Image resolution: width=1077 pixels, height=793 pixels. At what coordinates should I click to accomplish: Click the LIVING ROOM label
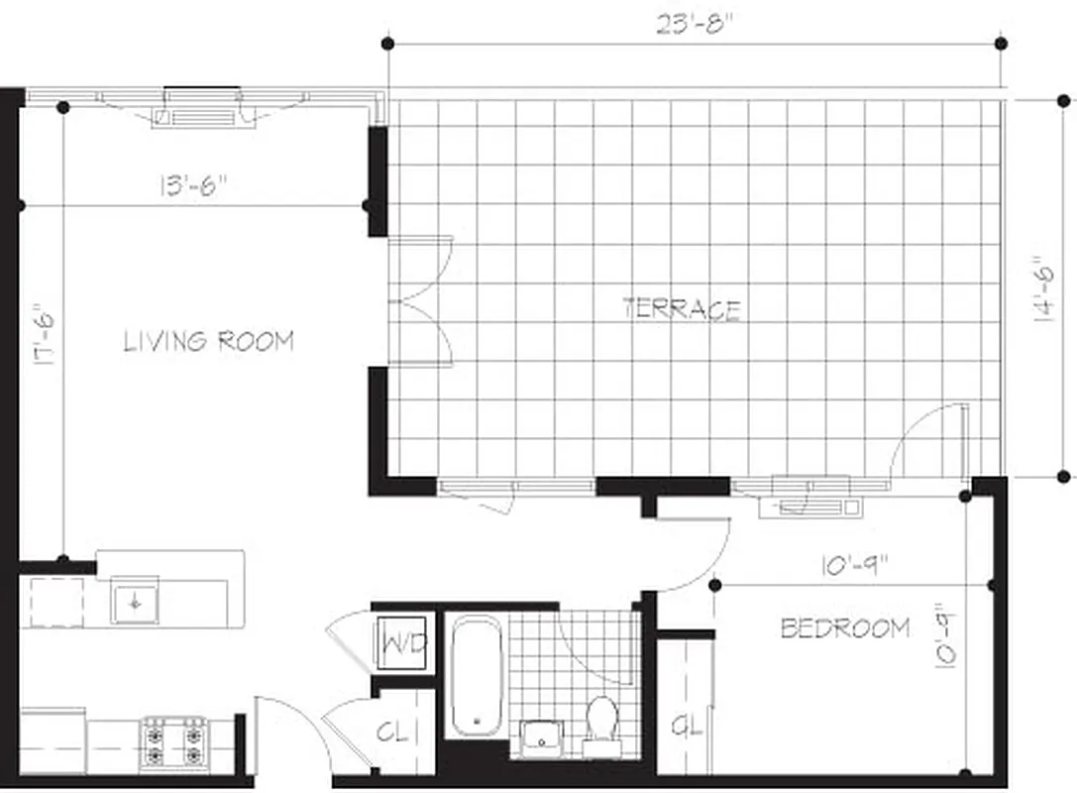click(x=208, y=342)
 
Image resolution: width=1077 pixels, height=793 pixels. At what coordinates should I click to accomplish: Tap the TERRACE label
click(x=682, y=308)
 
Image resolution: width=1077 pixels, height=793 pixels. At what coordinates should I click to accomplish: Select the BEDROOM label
click(x=845, y=627)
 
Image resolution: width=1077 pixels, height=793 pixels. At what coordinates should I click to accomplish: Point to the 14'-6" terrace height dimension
click(x=1042, y=287)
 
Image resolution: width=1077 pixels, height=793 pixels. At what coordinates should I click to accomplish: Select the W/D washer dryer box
click(x=403, y=644)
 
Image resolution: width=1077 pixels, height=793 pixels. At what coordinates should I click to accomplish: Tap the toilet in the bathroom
click(x=601, y=720)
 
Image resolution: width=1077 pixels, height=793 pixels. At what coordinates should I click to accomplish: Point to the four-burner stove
click(x=173, y=742)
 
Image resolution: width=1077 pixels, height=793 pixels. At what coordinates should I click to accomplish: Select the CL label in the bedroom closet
click(x=687, y=727)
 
